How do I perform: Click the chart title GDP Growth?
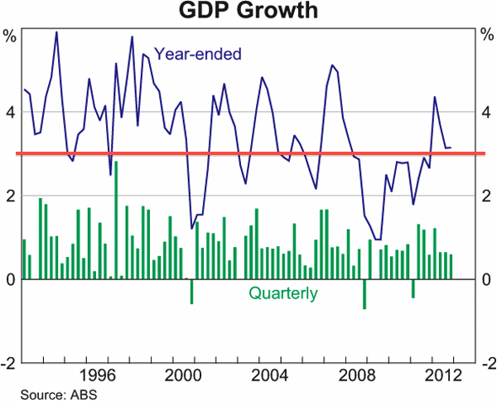(x=248, y=12)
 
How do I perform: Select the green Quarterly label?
(x=283, y=293)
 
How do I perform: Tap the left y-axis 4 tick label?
(x=9, y=112)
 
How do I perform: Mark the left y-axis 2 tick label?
(x=9, y=196)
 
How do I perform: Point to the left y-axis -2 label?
(x=7, y=363)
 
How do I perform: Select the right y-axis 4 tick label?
(x=487, y=112)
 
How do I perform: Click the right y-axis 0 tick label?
(x=487, y=279)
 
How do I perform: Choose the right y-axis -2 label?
(x=489, y=363)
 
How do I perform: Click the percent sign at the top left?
(x=9, y=36)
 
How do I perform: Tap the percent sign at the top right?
(x=487, y=36)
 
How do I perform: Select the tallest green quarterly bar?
(x=116, y=220)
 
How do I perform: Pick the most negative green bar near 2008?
(x=364, y=294)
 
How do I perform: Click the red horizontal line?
(x=248, y=154)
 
